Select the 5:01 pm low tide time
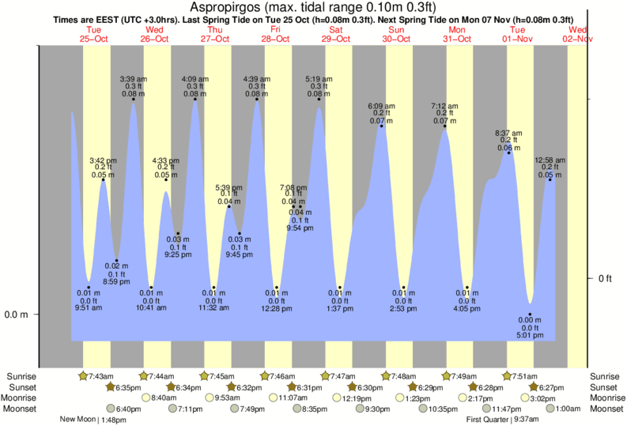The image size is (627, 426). (530, 334)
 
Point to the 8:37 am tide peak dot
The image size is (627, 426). (508, 151)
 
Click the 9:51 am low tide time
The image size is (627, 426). (88, 307)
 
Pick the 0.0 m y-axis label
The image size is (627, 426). (16, 315)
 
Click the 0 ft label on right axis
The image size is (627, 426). (606, 278)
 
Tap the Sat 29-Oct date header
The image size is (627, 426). (335, 34)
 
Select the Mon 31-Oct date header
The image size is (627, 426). (458, 34)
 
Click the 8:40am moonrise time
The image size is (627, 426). (164, 398)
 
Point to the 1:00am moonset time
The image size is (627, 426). (567, 409)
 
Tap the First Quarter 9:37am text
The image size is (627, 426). (503, 420)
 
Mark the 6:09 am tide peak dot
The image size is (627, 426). (381, 126)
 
